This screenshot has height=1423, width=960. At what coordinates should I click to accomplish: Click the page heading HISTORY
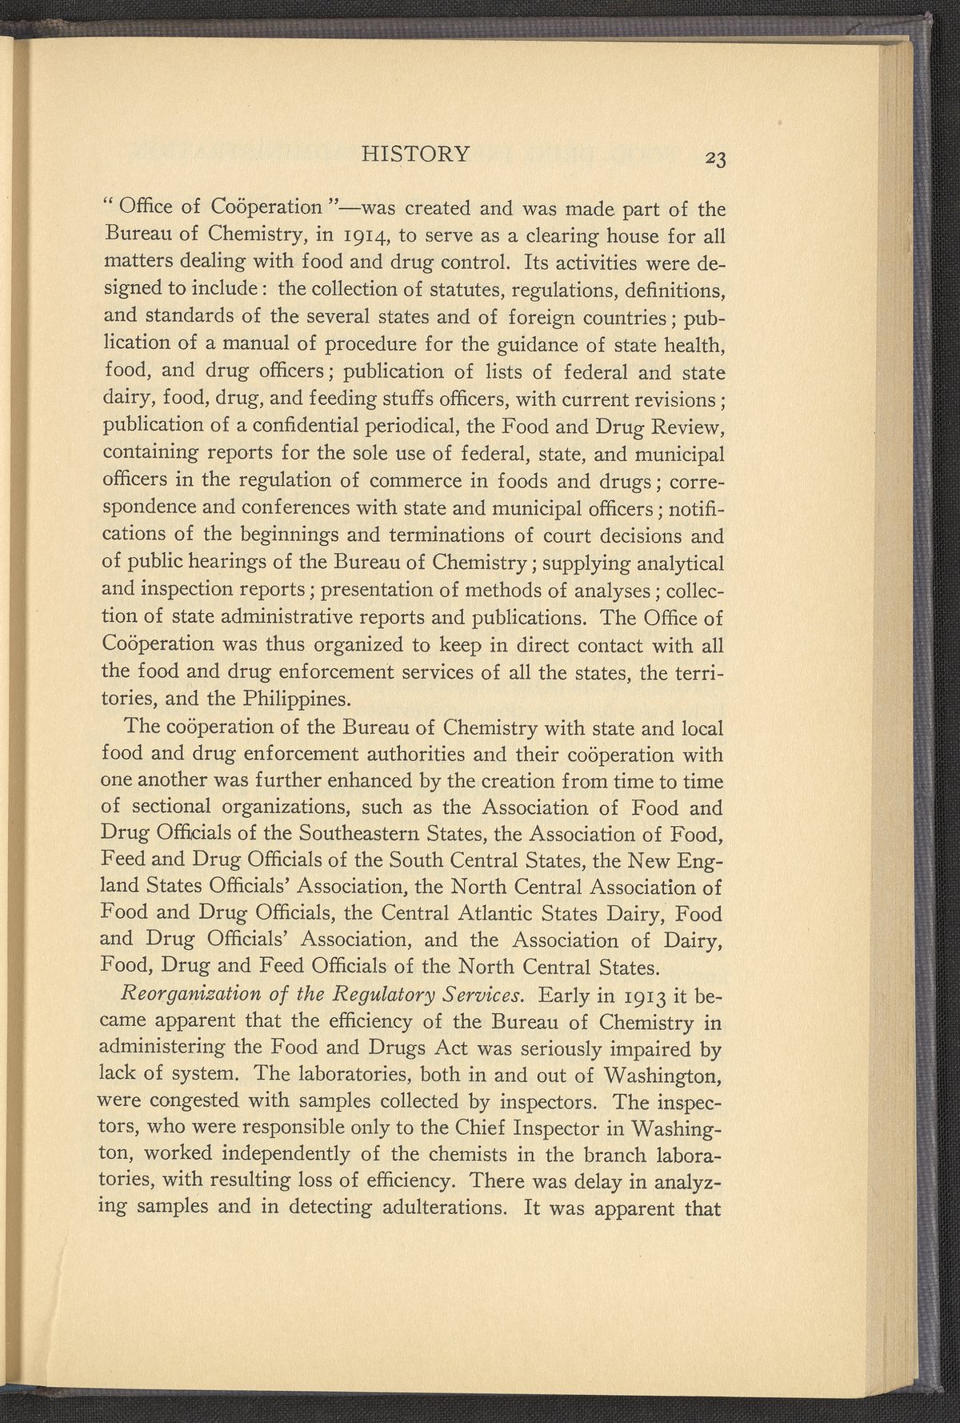coord(415,154)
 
